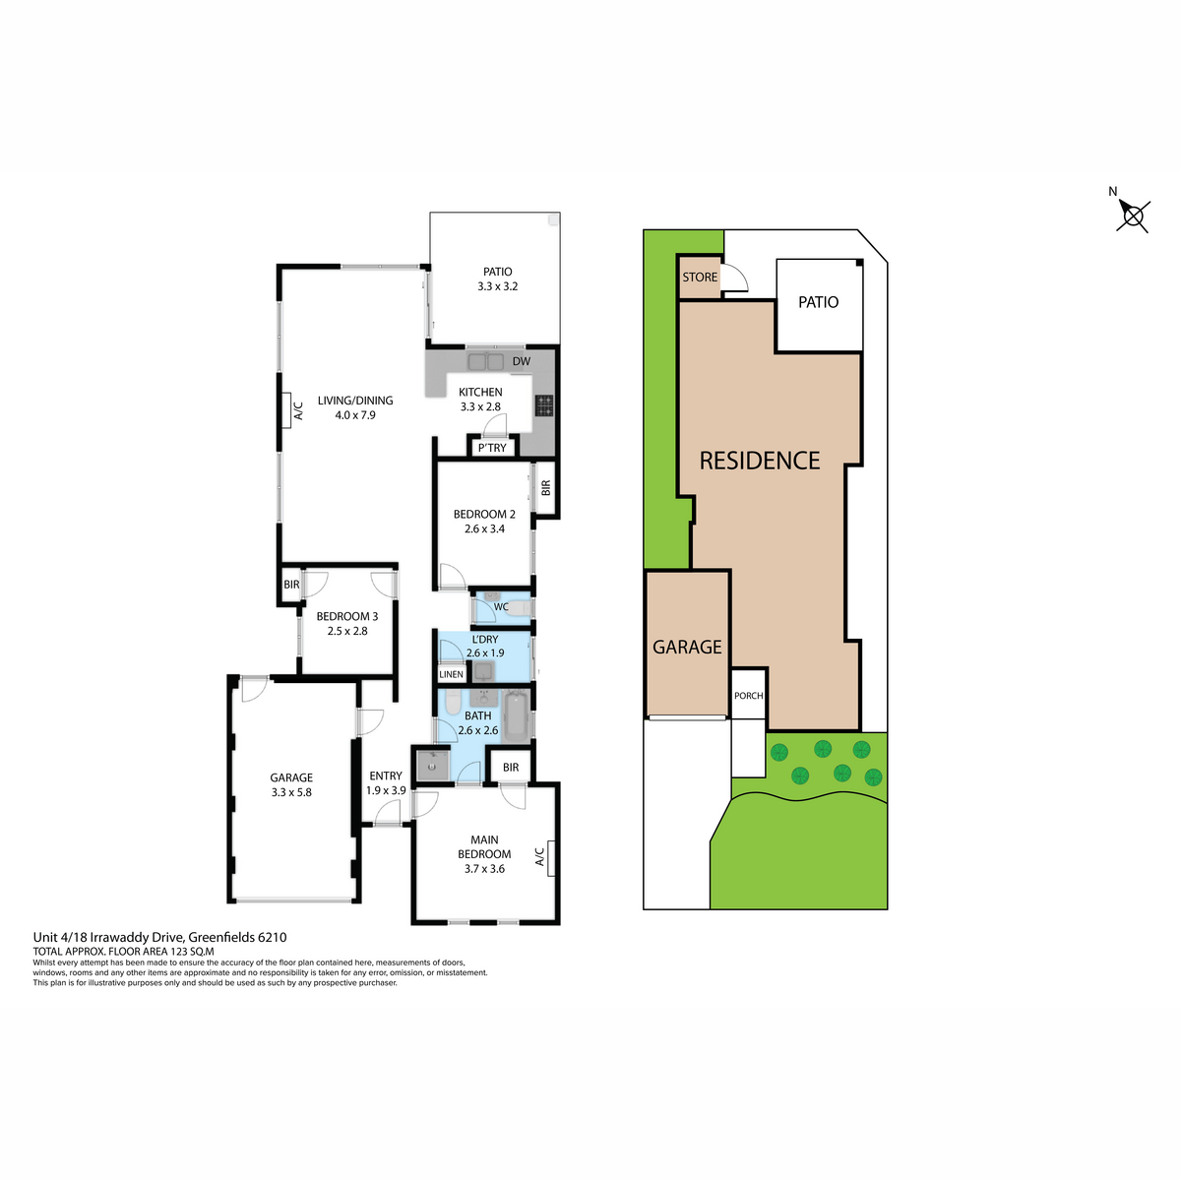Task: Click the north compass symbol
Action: point(1132,217)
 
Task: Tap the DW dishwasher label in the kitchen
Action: point(521,361)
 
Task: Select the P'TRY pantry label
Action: point(492,448)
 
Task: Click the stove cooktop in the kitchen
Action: point(544,405)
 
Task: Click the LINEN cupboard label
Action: point(451,674)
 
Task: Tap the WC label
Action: point(501,607)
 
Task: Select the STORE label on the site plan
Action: point(700,277)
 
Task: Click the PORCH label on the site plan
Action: point(748,696)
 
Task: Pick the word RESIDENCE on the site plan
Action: point(760,461)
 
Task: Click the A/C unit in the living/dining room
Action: point(286,410)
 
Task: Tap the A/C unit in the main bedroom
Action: point(551,858)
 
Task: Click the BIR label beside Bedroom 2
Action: point(546,487)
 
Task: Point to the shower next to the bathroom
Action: point(432,766)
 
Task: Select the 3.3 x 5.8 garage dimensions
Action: point(291,792)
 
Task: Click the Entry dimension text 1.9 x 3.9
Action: point(386,790)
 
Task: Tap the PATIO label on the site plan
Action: point(818,302)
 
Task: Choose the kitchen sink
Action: point(485,361)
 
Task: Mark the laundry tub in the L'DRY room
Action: point(483,672)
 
